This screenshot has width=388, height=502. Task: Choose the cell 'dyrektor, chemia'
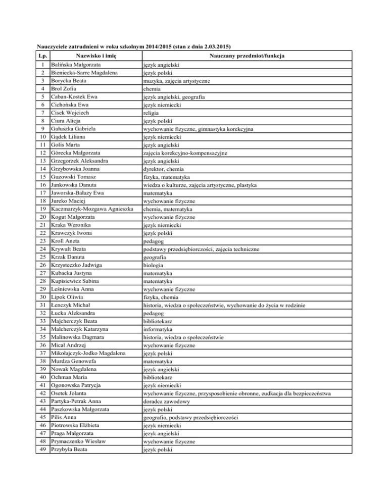[163, 169]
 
